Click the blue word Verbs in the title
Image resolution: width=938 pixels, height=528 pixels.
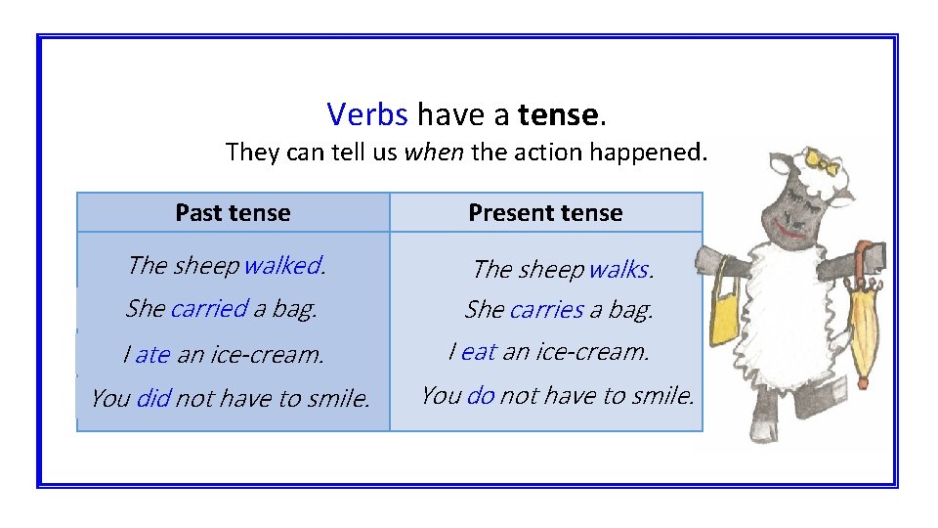(367, 115)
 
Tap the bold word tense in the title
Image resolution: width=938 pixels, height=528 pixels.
(558, 115)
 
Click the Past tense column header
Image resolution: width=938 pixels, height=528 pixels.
(233, 212)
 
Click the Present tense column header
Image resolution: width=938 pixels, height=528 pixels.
(545, 212)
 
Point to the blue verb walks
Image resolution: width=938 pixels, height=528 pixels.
(618, 269)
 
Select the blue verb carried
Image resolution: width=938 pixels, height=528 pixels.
(209, 309)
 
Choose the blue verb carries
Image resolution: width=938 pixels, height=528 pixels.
(546, 310)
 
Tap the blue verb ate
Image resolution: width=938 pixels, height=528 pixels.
(152, 355)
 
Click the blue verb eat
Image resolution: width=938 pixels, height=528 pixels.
(479, 352)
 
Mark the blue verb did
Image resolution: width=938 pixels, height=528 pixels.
(154, 399)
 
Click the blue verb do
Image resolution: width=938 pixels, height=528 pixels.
(481, 396)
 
